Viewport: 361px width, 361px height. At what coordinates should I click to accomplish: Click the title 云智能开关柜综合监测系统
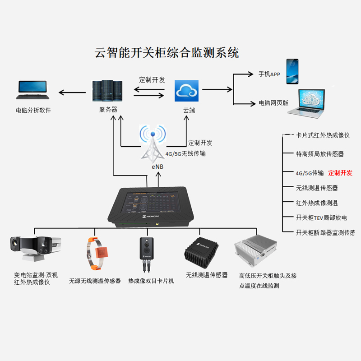tap(167, 53)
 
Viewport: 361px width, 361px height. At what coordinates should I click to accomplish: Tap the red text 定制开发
tap(340, 173)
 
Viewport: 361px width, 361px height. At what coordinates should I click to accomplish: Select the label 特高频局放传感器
tap(319, 154)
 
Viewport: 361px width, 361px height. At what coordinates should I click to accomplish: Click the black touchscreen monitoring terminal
tap(153, 205)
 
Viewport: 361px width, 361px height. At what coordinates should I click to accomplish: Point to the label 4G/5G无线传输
tap(185, 154)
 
